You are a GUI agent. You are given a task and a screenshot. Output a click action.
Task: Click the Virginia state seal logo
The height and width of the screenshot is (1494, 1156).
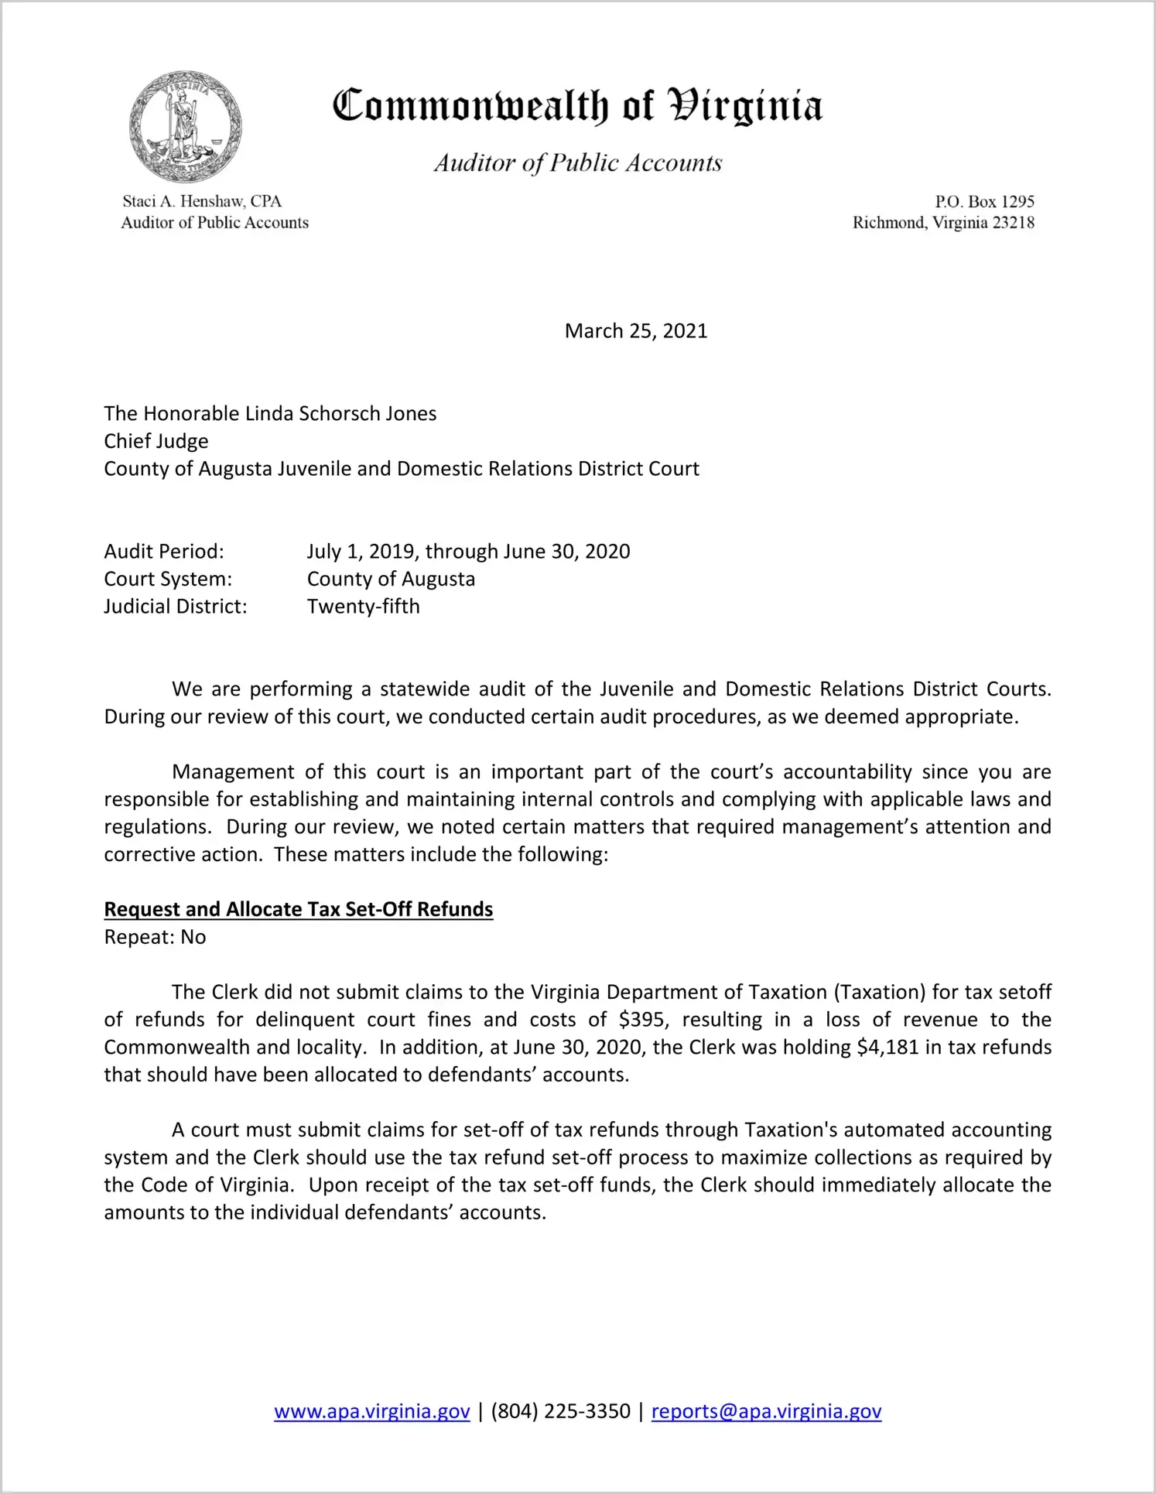[x=185, y=127]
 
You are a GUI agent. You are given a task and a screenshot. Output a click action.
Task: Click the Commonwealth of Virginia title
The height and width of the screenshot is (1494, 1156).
[x=577, y=106]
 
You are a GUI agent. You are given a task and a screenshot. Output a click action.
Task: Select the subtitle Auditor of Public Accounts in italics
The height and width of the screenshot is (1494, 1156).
[x=577, y=162]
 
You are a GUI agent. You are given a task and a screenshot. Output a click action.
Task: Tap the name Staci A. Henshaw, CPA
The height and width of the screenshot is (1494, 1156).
[x=202, y=201]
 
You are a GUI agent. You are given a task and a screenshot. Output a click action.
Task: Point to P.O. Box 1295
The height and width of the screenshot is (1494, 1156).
[x=984, y=202]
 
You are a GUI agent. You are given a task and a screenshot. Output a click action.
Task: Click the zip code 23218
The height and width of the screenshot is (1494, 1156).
[x=1014, y=223]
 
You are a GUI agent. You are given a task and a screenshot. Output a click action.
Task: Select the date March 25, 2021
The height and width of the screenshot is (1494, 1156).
[x=636, y=331]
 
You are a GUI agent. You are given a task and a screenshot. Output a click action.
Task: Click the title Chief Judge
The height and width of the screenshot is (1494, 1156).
[x=156, y=441]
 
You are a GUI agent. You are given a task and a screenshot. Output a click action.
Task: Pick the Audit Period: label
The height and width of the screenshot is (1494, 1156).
[x=164, y=552]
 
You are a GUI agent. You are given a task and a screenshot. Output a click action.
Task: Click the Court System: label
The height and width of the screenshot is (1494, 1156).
[x=168, y=579]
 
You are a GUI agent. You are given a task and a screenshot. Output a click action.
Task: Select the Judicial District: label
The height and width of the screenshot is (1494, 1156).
[x=176, y=607]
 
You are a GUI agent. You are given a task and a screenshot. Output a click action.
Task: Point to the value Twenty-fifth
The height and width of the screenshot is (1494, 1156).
[x=364, y=607]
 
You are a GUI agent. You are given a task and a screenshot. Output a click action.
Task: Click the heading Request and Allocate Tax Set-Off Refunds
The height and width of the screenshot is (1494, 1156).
[x=299, y=909]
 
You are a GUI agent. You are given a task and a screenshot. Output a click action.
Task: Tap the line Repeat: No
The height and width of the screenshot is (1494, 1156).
[x=155, y=937]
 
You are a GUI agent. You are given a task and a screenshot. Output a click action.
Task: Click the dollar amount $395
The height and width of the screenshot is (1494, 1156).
[x=642, y=1020]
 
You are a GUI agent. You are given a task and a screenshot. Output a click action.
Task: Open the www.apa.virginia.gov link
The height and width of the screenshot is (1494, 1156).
[x=372, y=1411]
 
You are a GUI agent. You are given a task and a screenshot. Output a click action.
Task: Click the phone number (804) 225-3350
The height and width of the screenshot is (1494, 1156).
[x=560, y=1411]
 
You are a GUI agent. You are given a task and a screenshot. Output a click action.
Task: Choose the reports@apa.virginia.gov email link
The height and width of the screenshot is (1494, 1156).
[x=766, y=1411]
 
